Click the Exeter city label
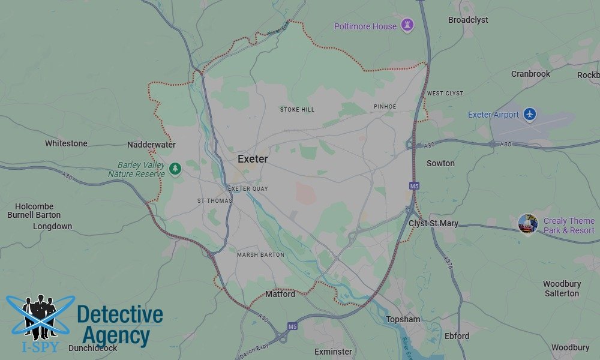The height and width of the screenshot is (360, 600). pyautogui.click(x=253, y=159)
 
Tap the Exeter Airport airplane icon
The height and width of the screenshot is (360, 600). pyautogui.click(x=529, y=114)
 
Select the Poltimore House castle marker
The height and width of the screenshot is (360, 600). pyautogui.click(x=408, y=26)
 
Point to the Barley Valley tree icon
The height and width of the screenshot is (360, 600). pyautogui.click(x=175, y=169)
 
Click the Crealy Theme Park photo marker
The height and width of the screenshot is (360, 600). pyautogui.click(x=528, y=224)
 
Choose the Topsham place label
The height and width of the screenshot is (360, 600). pyautogui.click(x=403, y=319)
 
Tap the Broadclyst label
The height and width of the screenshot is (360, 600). pyautogui.click(x=468, y=20)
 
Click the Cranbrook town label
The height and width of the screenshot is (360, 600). pyautogui.click(x=530, y=74)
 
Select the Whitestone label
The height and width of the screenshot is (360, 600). pyautogui.click(x=66, y=143)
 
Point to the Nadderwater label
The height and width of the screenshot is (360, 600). pyautogui.click(x=151, y=145)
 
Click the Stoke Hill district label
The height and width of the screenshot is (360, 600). pyautogui.click(x=297, y=109)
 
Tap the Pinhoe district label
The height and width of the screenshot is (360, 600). pyautogui.click(x=385, y=106)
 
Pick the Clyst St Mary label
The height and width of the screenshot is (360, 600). pyautogui.click(x=433, y=223)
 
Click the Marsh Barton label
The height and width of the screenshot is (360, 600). pyautogui.click(x=260, y=254)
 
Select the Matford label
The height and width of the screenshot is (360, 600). pyautogui.click(x=280, y=294)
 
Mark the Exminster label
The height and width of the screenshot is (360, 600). pyautogui.click(x=333, y=351)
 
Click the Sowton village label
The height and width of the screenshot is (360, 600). pyautogui.click(x=440, y=163)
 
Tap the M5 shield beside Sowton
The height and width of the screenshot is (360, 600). pyautogui.click(x=414, y=186)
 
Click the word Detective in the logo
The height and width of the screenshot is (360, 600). pyautogui.click(x=120, y=314)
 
